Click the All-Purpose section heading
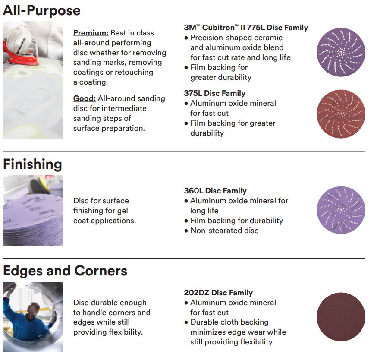coord(42,11)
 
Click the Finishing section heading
coord(32,165)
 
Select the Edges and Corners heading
coord(65,271)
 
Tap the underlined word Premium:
coord(91,33)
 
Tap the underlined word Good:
coord(85,98)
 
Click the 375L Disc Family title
coord(215,93)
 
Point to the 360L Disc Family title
coord(215,191)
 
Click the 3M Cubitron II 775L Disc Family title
coord(246,28)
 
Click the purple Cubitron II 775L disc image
coord(341,52)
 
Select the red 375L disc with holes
coord(341,114)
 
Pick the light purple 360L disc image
coord(341,210)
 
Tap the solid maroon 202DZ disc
coord(341,317)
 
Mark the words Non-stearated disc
coord(224,231)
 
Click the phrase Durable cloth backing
coord(229,322)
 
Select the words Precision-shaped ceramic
coord(236,38)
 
